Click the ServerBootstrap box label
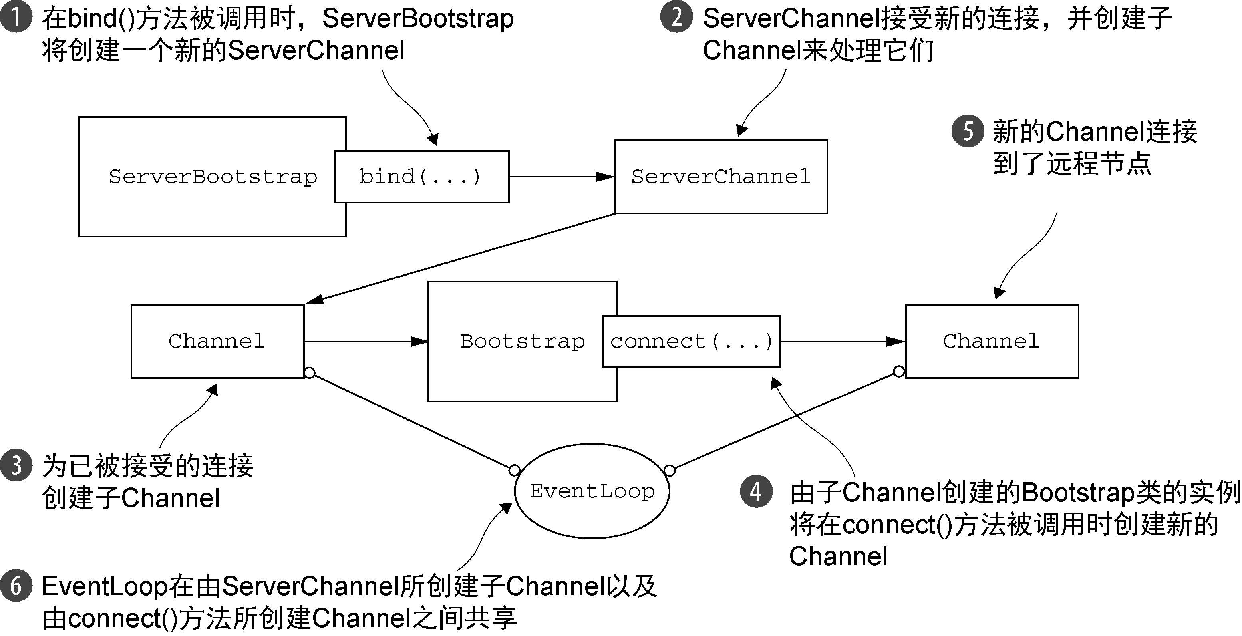pos(213,177)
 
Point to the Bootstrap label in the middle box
pos(522,342)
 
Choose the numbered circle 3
pos(16,465)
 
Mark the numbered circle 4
pos(756,491)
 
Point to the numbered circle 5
pos(967,131)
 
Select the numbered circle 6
pos(16,586)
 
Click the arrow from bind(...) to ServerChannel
pos(562,177)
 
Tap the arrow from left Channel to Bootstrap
pos(366,342)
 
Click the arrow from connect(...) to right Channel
pos(843,342)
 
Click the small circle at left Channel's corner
pos(310,373)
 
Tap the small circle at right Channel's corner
pos(899,371)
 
